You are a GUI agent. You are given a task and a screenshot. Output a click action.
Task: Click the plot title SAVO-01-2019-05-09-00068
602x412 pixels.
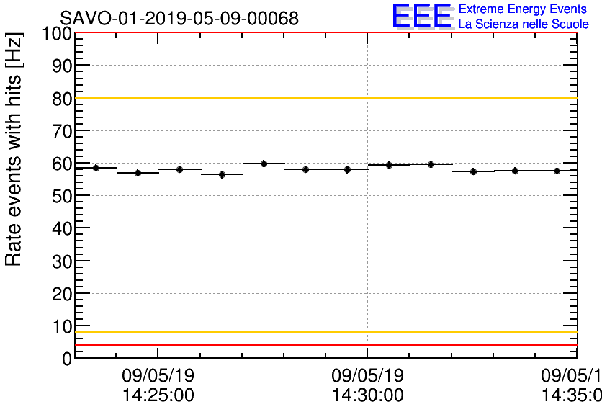click(x=179, y=18)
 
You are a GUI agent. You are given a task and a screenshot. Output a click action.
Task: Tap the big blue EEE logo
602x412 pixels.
click(x=421, y=17)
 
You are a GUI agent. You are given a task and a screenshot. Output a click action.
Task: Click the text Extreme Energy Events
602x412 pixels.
click(x=524, y=9)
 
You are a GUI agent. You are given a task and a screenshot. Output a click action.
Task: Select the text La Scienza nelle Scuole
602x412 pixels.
click(x=524, y=24)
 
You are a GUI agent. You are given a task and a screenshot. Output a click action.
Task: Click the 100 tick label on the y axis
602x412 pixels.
click(x=57, y=34)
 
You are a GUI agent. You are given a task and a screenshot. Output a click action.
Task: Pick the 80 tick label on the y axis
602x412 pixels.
click(x=61, y=99)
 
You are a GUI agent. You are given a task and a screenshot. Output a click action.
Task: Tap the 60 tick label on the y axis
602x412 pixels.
click(x=61, y=164)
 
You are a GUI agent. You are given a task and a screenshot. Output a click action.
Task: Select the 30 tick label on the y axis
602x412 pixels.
click(x=61, y=261)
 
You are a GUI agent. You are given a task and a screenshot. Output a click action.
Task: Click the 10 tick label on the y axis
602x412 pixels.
click(x=61, y=326)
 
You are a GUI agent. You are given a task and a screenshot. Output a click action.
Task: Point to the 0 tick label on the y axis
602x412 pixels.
click(x=66, y=358)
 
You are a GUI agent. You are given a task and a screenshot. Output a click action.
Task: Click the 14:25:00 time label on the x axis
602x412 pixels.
click(x=158, y=395)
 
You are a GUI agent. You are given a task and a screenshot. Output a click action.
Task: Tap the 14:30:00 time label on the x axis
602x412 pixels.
click(x=367, y=395)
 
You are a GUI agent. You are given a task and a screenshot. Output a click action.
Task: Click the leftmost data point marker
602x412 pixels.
click(x=96, y=168)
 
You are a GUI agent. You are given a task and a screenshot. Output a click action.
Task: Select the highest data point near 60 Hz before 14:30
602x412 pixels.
click(x=264, y=164)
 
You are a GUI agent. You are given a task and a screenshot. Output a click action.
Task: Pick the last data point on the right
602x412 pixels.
click(x=557, y=171)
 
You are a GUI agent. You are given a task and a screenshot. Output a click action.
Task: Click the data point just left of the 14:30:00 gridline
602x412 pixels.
click(x=347, y=170)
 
